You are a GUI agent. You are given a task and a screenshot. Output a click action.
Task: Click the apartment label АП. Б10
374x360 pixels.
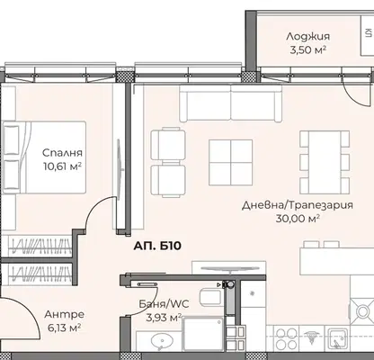click(x=157, y=246)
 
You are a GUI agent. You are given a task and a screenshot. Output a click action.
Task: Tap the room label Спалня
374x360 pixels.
click(x=62, y=153)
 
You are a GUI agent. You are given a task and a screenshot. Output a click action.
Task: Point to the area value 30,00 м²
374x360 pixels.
click(x=298, y=219)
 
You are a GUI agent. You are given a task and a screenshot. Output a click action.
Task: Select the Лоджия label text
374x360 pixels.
click(x=307, y=37)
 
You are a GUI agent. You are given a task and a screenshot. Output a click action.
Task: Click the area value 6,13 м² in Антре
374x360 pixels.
click(x=64, y=327)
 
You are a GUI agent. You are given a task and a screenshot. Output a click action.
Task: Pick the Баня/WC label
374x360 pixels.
click(x=164, y=304)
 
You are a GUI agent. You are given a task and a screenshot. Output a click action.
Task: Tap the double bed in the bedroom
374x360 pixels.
click(x=44, y=157)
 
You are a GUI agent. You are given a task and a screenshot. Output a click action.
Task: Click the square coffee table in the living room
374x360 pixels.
click(x=230, y=162)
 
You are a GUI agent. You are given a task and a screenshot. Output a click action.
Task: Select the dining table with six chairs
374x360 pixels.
click(x=325, y=163)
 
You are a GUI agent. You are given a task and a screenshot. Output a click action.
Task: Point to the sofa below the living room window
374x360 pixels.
click(x=230, y=103)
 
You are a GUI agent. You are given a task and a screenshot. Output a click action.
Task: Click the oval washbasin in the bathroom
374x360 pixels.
click(x=162, y=342)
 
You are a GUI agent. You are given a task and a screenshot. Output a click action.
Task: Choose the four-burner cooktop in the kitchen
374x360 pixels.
click(x=285, y=338)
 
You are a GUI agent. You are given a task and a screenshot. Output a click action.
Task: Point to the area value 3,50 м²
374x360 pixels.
click(x=307, y=49)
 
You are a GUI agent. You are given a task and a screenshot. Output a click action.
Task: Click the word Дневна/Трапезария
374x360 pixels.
click(x=298, y=205)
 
